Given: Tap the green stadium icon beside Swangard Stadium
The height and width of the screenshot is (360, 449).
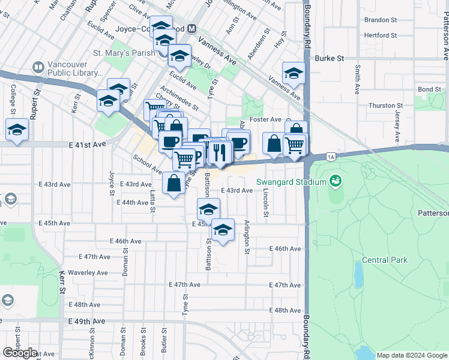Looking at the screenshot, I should tap(335, 181).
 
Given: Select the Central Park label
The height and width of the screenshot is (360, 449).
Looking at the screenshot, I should tap(384, 260).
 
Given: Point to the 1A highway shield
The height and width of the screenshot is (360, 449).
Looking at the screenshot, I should tap(331, 157).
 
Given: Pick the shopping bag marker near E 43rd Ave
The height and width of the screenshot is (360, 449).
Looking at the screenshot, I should tap(173, 184).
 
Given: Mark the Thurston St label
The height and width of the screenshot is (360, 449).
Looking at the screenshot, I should tap(382, 106).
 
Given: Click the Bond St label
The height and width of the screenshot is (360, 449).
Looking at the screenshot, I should tap(429, 89).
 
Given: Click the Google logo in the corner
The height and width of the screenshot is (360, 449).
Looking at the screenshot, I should tap(20, 353).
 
